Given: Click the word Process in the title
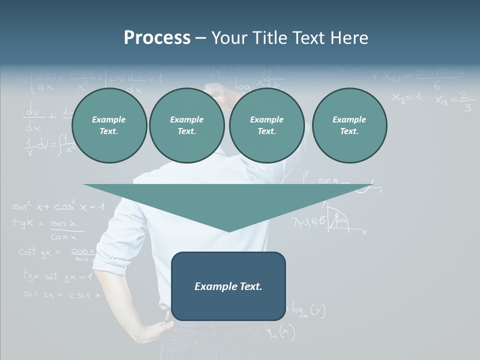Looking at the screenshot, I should [157, 38].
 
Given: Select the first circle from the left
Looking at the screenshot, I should [109, 125].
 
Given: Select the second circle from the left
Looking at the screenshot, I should [186, 125].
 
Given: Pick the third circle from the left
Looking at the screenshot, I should [266, 125].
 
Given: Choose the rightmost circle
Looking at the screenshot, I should [349, 125].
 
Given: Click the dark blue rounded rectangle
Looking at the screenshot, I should [228, 286].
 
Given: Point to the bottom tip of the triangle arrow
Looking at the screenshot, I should [228, 230].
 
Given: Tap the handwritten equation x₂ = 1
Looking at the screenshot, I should [406, 97].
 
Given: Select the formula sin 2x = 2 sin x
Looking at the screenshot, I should [62, 295].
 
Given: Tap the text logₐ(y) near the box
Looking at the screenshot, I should [305, 310].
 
